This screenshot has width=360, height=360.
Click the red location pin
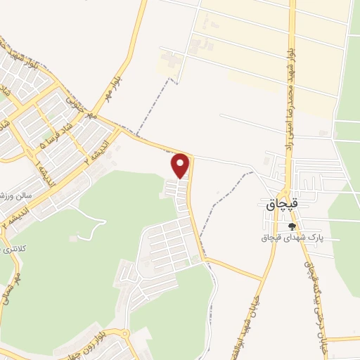click(x=181, y=165)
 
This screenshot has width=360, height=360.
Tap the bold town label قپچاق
click(x=283, y=204)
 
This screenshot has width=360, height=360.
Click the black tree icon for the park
click(x=292, y=226)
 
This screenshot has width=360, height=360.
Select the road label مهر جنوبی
click(x=79, y=107)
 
